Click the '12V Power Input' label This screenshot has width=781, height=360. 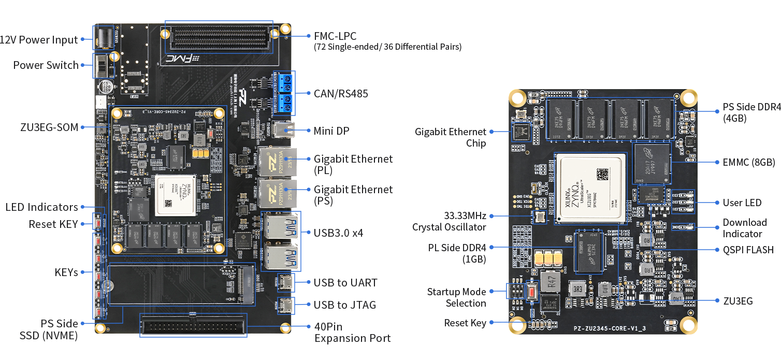click(39, 40)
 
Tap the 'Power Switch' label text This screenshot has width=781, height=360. click(46, 65)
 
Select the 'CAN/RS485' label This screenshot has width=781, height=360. click(341, 94)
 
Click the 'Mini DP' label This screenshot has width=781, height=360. click(331, 131)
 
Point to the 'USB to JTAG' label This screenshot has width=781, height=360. click(345, 305)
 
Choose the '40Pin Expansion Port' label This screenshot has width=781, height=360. click(352, 333)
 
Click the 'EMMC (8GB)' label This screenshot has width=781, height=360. click(748, 162)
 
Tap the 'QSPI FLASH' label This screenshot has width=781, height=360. click(748, 250)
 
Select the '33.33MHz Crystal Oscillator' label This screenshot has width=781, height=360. click(449, 221)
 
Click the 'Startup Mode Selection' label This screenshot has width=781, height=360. click(456, 297)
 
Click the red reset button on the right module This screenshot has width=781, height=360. click(532, 292)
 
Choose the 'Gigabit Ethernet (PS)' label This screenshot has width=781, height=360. click(353, 195)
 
